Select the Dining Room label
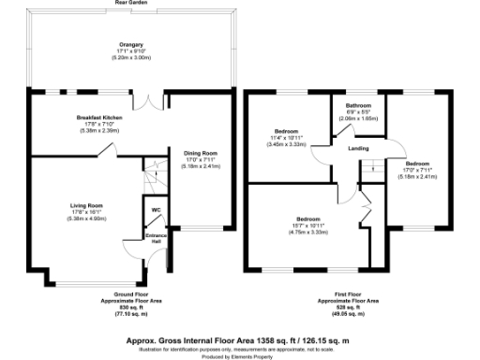201,153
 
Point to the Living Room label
87,204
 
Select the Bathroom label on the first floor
358,106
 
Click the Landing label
357,149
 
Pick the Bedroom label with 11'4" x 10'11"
286,130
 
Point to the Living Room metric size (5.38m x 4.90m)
87,218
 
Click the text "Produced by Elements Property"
240,353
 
